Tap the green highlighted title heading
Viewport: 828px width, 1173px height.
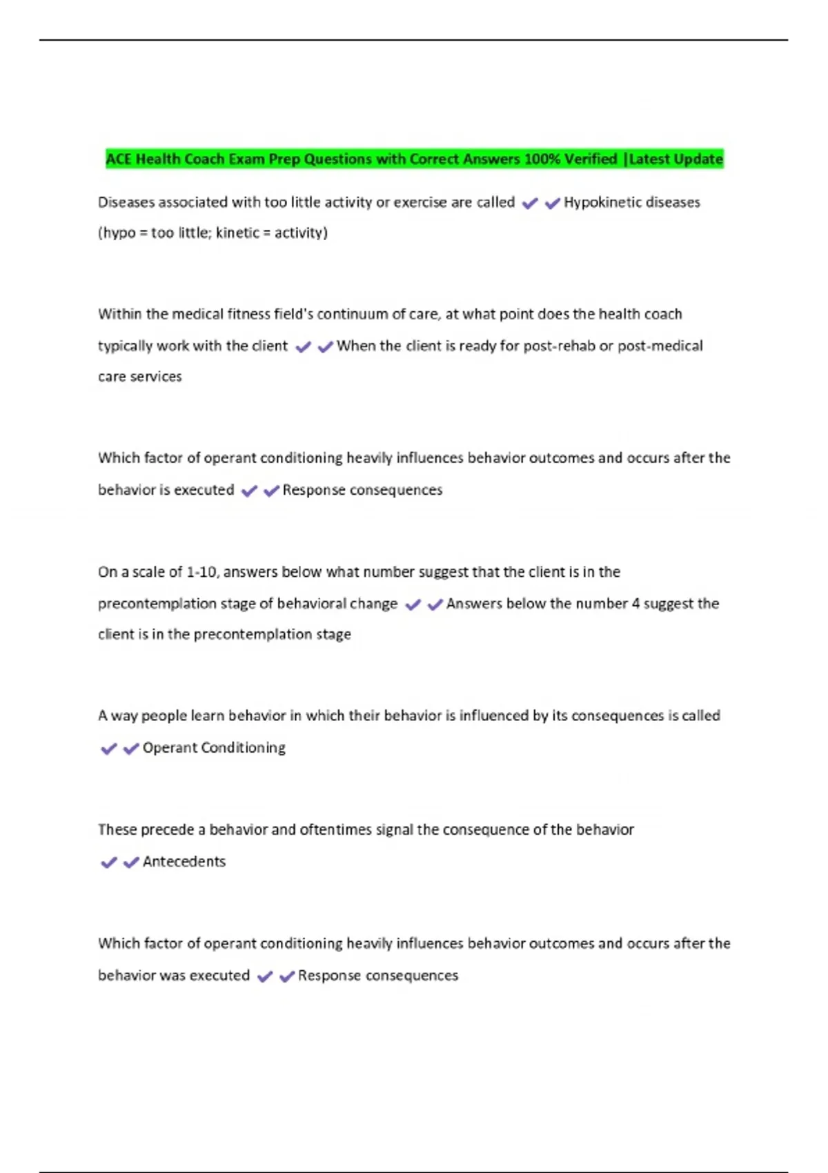(x=414, y=159)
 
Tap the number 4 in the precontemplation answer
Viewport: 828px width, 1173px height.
(x=635, y=604)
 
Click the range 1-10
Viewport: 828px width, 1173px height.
(x=202, y=572)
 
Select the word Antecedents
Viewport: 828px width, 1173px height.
(x=184, y=862)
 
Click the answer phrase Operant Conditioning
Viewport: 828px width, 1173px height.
(x=214, y=748)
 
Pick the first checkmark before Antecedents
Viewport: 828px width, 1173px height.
(x=108, y=862)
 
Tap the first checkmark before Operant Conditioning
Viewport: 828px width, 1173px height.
(x=108, y=749)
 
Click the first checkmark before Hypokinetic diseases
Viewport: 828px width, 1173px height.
(x=530, y=204)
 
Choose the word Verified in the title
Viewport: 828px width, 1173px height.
(x=591, y=159)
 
